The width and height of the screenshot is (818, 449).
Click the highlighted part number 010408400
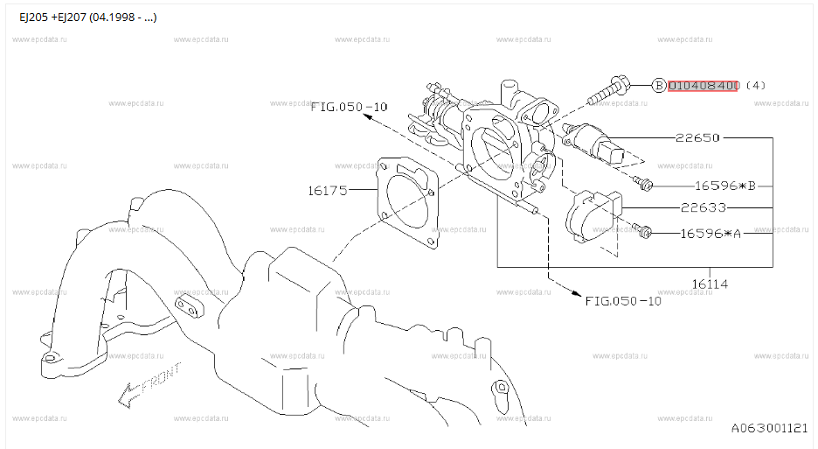[703, 85]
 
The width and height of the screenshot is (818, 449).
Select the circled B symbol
[660, 85]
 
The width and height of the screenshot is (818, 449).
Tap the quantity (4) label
[755, 85]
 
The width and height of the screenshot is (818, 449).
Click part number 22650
[697, 138]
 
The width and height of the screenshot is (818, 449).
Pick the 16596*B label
[725, 186]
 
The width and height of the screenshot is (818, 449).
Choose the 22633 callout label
[704, 207]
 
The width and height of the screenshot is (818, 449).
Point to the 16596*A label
[711, 234]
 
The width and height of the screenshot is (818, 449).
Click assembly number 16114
[710, 284]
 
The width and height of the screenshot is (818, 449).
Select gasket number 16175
[328, 191]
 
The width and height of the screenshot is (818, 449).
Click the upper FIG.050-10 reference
[349, 107]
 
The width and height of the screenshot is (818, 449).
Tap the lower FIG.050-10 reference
[623, 301]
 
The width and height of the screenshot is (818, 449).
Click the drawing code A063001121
[769, 428]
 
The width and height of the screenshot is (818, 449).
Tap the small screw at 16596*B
[642, 183]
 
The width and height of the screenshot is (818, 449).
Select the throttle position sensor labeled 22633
[594, 217]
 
